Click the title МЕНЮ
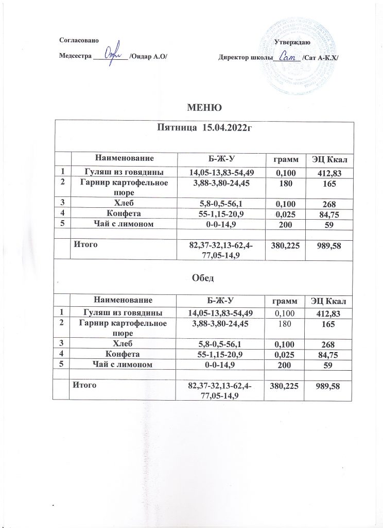(204, 108)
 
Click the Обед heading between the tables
(204, 278)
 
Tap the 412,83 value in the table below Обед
(329, 313)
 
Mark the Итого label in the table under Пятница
(85, 245)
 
